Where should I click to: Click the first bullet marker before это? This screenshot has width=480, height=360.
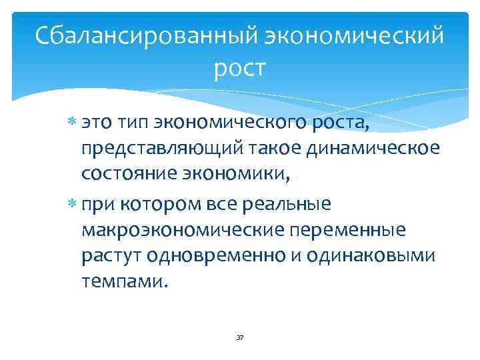(73, 122)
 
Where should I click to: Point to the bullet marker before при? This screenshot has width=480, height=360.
(73, 203)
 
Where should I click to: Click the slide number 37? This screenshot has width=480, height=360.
(240, 338)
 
